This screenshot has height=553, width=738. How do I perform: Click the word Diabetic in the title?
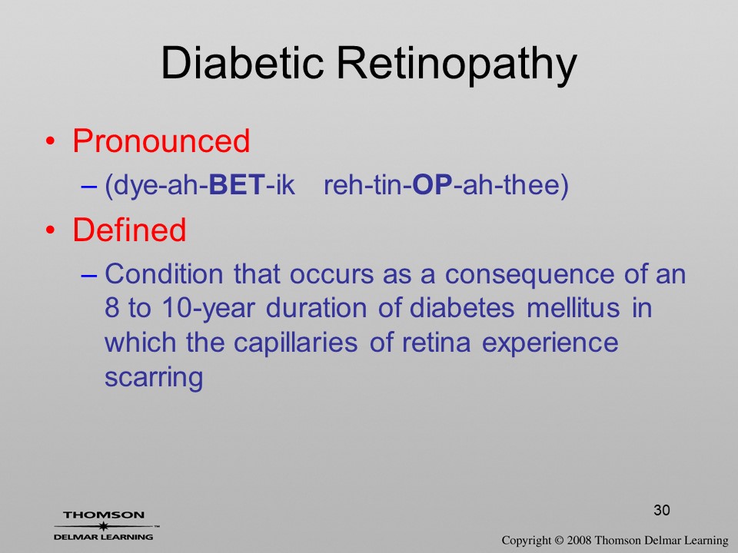(x=242, y=63)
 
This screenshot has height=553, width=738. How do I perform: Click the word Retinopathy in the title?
(x=457, y=65)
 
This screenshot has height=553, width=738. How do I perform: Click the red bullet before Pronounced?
(x=51, y=141)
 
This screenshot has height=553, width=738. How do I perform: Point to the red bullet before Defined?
(x=51, y=230)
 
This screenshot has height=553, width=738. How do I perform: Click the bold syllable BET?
(x=237, y=185)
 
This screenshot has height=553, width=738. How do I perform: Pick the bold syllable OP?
(x=432, y=185)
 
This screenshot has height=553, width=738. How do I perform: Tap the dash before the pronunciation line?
(x=89, y=186)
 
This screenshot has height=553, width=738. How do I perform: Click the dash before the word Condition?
(x=89, y=275)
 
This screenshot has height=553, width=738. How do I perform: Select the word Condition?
(x=164, y=273)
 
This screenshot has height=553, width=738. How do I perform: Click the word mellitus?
(x=573, y=308)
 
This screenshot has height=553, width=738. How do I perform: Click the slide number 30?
(x=662, y=510)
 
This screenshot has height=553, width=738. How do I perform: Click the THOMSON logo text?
(x=104, y=515)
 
